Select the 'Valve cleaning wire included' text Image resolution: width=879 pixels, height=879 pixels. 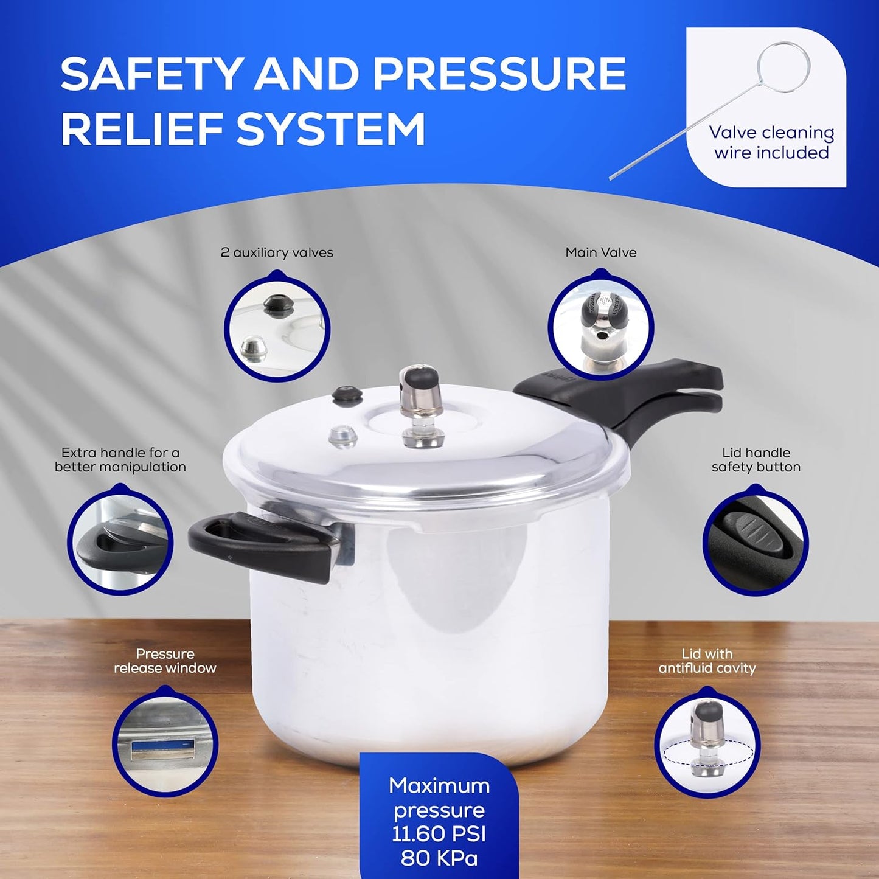(771, 142)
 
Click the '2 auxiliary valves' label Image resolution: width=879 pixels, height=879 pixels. (277, 252)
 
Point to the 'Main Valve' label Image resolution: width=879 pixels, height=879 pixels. (600, 252)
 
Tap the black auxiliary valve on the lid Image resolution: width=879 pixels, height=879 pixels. (347, 395)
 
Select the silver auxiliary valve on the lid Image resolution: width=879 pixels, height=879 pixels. (343, 436)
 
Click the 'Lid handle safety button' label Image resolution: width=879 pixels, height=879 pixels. (756, 460)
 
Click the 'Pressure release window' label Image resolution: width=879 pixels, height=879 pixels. (165, 661)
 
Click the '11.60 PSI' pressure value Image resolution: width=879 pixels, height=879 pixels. (439, 834)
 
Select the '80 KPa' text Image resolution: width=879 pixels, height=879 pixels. (439, 858)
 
